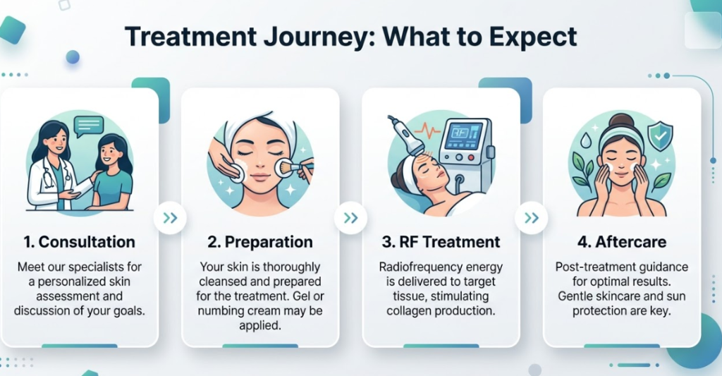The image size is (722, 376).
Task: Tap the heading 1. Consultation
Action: (x=79, y=242)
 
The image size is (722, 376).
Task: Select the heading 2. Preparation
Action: (x=260, y=242)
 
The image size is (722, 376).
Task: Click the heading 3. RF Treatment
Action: (x=441, y=242)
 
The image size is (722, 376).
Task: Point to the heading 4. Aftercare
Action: (x=622, y=242)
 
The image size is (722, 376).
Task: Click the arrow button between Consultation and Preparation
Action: (x=170, y=218)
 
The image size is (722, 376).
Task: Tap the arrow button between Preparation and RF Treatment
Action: (x=350, y=218)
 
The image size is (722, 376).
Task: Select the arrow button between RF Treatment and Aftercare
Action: (x=531, y=218)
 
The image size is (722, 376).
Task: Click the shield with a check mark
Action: (x=659, y=134)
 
